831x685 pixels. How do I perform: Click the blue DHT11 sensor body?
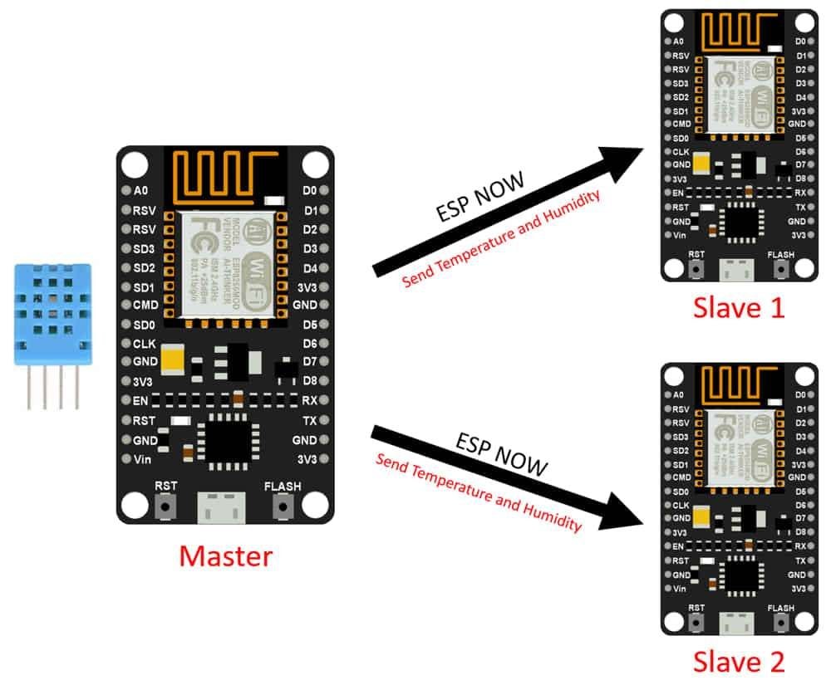click(x=52, y=315)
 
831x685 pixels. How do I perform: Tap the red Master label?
click(x=226, y=555)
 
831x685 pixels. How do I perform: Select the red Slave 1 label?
click(x=738, y=308)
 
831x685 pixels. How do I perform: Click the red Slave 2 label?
click(x=738, y=661)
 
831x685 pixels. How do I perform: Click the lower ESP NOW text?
click(x=501, y=454)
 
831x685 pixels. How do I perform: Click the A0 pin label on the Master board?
click(x=140, y=190)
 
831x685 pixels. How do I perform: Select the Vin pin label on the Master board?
click(x=142, y=459)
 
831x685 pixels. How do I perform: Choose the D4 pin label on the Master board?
click(x=309, y=268)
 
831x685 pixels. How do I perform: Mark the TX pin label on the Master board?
click(x=309, y=421)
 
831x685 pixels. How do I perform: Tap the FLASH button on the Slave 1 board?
click(x=780, y=268)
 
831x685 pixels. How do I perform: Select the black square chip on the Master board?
click(x=226, y=437)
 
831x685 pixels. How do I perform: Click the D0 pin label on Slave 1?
click(x=800, y=41)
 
